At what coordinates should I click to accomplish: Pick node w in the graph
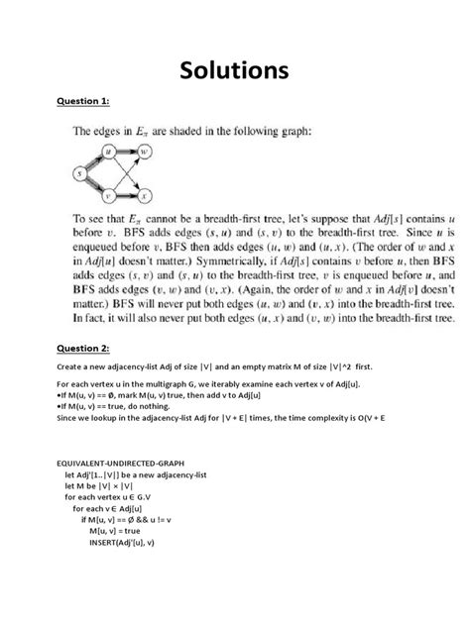146,154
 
